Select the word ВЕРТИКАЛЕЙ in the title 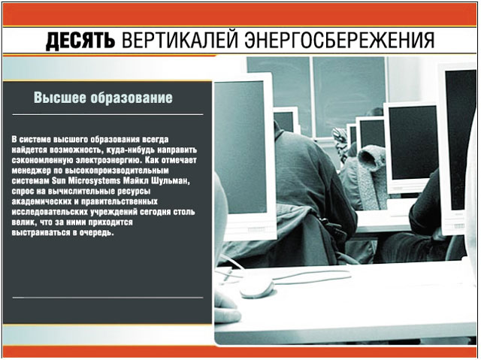click(180, 40)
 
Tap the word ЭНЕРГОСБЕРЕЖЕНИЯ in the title click(339, 40)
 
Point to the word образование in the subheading click(132, 98)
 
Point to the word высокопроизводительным click(117, 171)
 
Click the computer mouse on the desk click(257, 289)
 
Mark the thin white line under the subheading click(107, 115)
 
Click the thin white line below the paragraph click(107, 298)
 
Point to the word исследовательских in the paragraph click(50, 212)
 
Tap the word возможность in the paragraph click(75, 150)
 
